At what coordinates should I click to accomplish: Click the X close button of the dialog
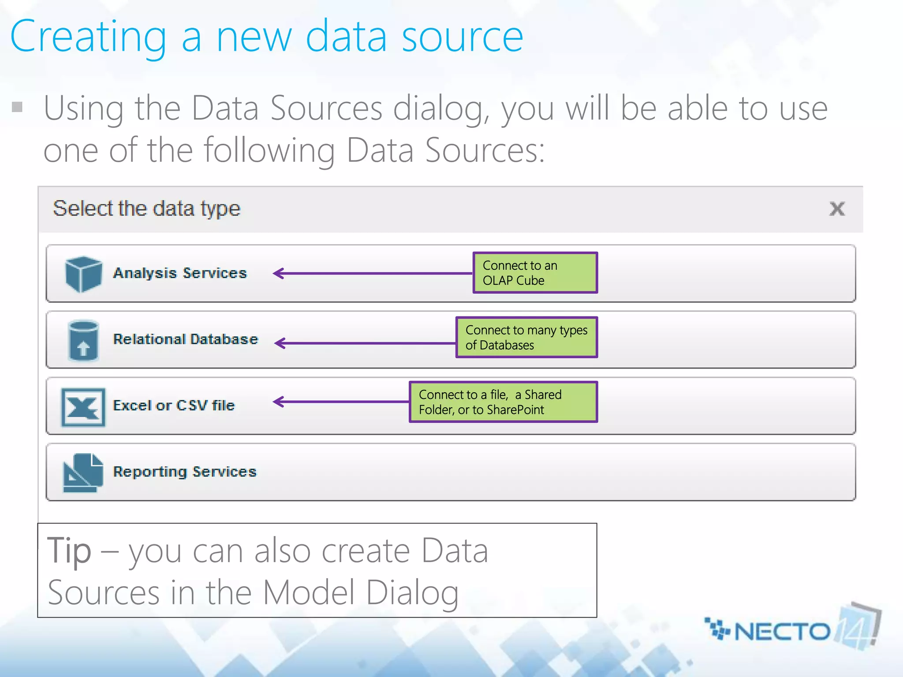pos(836,208)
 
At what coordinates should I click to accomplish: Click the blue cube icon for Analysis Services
pos(83,274)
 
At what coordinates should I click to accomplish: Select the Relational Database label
pos(185,339)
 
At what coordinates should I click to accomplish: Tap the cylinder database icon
pos(83,341)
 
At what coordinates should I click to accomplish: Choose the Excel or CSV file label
pos(174,405)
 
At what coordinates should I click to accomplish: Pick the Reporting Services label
pos(184,472)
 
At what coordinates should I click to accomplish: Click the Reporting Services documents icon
pos(83,473)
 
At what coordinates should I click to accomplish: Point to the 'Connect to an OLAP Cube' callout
pos(535,273)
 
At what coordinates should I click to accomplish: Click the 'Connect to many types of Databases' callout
pos(526,337)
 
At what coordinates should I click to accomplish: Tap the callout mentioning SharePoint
pos(503,402)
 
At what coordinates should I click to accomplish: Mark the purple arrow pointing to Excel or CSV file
pos(341,402)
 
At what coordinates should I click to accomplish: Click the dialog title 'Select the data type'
pos(146,208)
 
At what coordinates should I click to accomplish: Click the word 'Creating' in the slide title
pos(88,37)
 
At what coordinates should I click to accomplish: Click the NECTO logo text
pos(781,632)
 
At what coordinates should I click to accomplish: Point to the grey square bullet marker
pos(17,107)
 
